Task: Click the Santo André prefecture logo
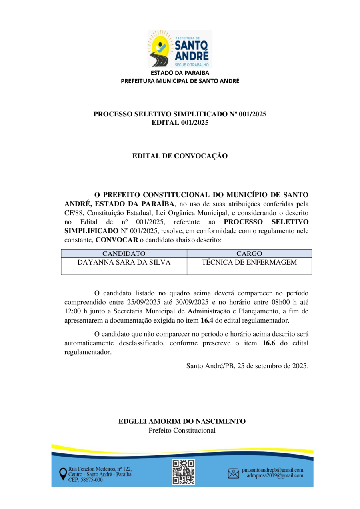tap(180, 49)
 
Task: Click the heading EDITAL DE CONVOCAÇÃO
tap(180, 156)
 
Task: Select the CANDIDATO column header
tap(124, 254)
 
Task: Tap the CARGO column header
tap(249, 254)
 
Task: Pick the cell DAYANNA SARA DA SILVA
tap(124, 263)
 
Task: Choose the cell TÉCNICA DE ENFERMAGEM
tap(249, 263)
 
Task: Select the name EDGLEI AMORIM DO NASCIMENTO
tap(182, 421)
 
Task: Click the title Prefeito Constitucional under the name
tap(182, 431)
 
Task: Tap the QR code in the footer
tap(184, 472)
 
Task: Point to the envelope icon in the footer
tap(233, 473)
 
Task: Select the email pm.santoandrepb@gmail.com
tap(272, 470)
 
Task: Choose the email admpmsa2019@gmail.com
tap(275, 476)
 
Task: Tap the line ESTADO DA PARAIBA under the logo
tap(180, 73)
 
